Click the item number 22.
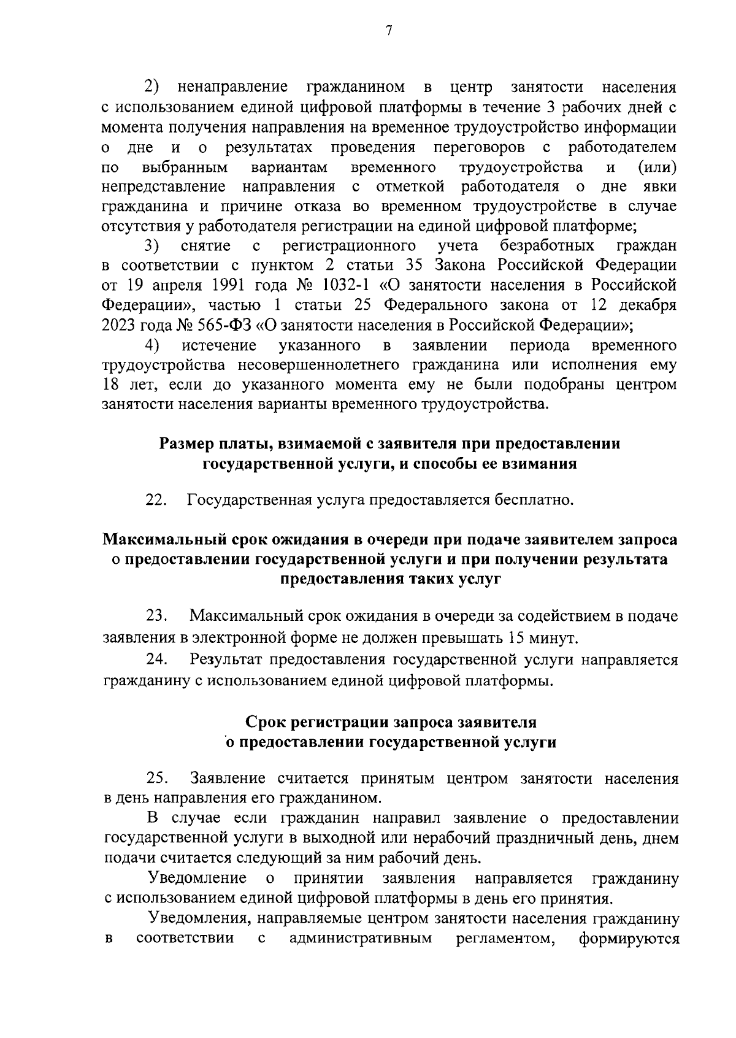coord(156,500)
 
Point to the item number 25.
coord(157,779)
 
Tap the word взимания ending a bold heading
coord(540,463)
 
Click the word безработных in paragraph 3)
coord(547,246)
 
